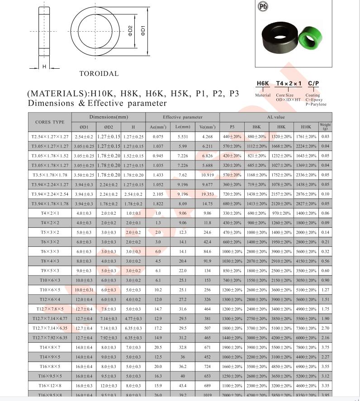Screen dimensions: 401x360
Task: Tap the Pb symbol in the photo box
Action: click(263, 6)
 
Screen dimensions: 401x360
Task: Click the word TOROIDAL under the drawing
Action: click(99, 73)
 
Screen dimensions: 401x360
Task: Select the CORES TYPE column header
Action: click(50, 122)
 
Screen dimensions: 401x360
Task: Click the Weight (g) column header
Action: click(325, 127)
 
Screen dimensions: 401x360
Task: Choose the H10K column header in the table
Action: click(306, 127)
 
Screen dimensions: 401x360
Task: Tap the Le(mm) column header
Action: click(183, 127)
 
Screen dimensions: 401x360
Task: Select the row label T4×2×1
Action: click(50, 213)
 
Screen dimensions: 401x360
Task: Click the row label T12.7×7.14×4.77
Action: click(50, 318)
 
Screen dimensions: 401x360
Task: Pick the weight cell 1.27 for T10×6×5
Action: click(325, 290)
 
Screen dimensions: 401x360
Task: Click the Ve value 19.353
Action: click(207, 194)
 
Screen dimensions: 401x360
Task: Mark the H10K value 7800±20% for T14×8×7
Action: click(306, 347)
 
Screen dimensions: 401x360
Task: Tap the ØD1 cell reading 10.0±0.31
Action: click(84, 290)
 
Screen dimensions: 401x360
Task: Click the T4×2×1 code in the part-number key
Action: click(289, 84)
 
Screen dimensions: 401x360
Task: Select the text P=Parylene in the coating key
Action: click(316, 104)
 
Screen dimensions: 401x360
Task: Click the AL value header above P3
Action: click(276, 117)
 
